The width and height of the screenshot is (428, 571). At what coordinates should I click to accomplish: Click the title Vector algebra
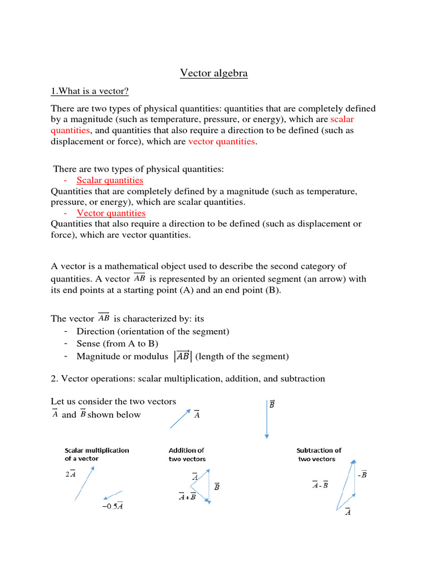214,73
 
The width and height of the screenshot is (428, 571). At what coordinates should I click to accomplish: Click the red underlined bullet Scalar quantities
110,180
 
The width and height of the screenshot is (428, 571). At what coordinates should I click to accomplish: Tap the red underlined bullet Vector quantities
111,213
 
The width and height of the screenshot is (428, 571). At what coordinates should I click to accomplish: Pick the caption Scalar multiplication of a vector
96,454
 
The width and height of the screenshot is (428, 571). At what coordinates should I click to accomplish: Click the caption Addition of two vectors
187,454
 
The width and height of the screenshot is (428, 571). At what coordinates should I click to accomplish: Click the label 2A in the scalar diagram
70,475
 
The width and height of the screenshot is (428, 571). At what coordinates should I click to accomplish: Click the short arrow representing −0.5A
113,495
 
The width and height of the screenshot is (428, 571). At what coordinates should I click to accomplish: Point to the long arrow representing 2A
84,483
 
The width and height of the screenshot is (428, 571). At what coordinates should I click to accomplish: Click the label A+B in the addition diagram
187,496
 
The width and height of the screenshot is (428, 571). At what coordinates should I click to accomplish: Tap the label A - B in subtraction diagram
320,485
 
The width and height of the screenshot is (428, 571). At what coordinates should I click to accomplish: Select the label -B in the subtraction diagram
362,475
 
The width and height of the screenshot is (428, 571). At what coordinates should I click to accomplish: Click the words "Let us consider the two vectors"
113,401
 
